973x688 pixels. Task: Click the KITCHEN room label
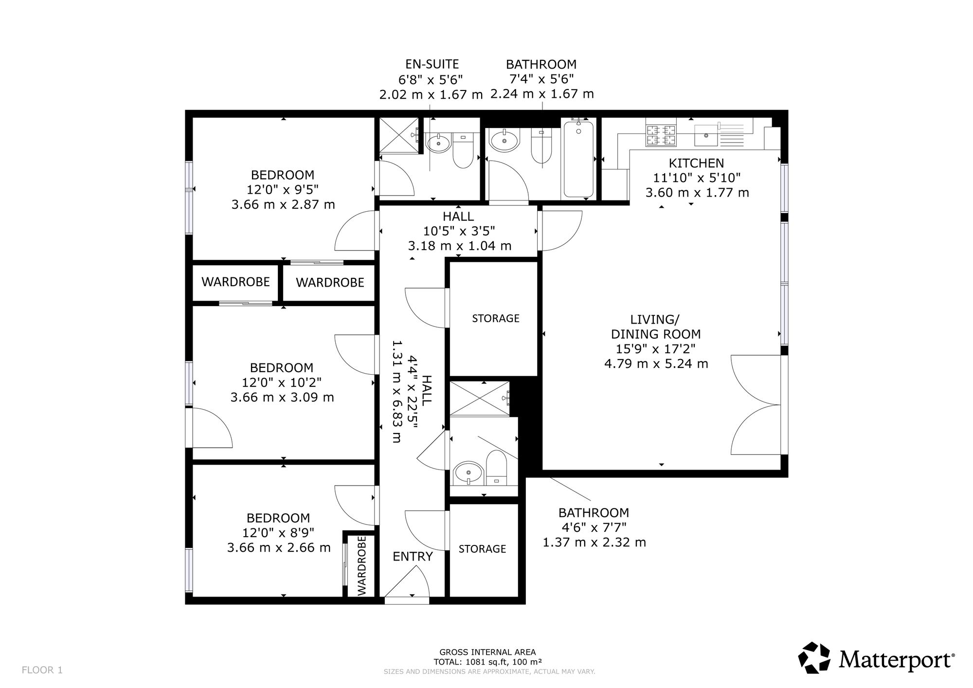click(x=696, y=163)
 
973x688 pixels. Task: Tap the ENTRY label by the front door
click(x=413, y=557)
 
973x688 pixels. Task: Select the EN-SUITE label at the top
click(x=432, y=64)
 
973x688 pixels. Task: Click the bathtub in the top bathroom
click(x=578, y=159)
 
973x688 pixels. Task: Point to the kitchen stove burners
click(x=661, y=135)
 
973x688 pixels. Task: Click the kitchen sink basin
click(x=706, y=135)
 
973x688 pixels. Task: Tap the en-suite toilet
click(x=463, y=150)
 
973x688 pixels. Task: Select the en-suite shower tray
click(x=398, y=135)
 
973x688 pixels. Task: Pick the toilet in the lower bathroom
click(x=497, y=467)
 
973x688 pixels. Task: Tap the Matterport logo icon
click(x=814, y=658)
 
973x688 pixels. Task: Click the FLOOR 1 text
click(x=42, y=670)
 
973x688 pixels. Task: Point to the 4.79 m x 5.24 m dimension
click(x=656, y=363)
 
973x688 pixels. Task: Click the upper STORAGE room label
click(x=496, y=318)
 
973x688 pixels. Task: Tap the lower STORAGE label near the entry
click(x=482, y=549)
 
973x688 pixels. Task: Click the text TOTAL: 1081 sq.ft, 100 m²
click(x=488, y=662)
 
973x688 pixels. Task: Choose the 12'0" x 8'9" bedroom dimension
click(x=278, y=533)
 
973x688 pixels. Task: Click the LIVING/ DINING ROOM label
click(x=656, y=327)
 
